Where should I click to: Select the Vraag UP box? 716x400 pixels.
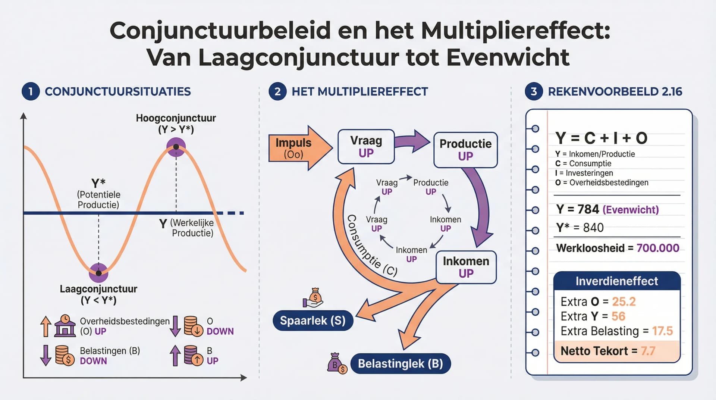click(366, 147)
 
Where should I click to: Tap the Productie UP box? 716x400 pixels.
click(465, 150)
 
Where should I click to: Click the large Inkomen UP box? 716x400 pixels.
click(466, 267)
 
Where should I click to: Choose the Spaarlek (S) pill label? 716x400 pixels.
click(313, 321)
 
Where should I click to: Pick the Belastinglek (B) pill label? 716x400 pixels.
click(400, 363)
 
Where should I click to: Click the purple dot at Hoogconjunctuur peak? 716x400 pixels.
click(176, 147)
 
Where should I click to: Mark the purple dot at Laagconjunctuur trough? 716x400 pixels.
click(98, 273)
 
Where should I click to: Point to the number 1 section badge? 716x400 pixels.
click(31, 91)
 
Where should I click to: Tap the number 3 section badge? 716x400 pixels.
click(534, 91)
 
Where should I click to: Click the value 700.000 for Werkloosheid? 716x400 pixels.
click(657, 248)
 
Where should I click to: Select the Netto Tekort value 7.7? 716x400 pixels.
click(648, 351)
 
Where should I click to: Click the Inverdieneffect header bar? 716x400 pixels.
click(616, 281)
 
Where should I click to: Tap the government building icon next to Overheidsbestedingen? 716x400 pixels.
click(65, 326)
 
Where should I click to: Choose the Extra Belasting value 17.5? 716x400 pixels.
click(662, 331)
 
